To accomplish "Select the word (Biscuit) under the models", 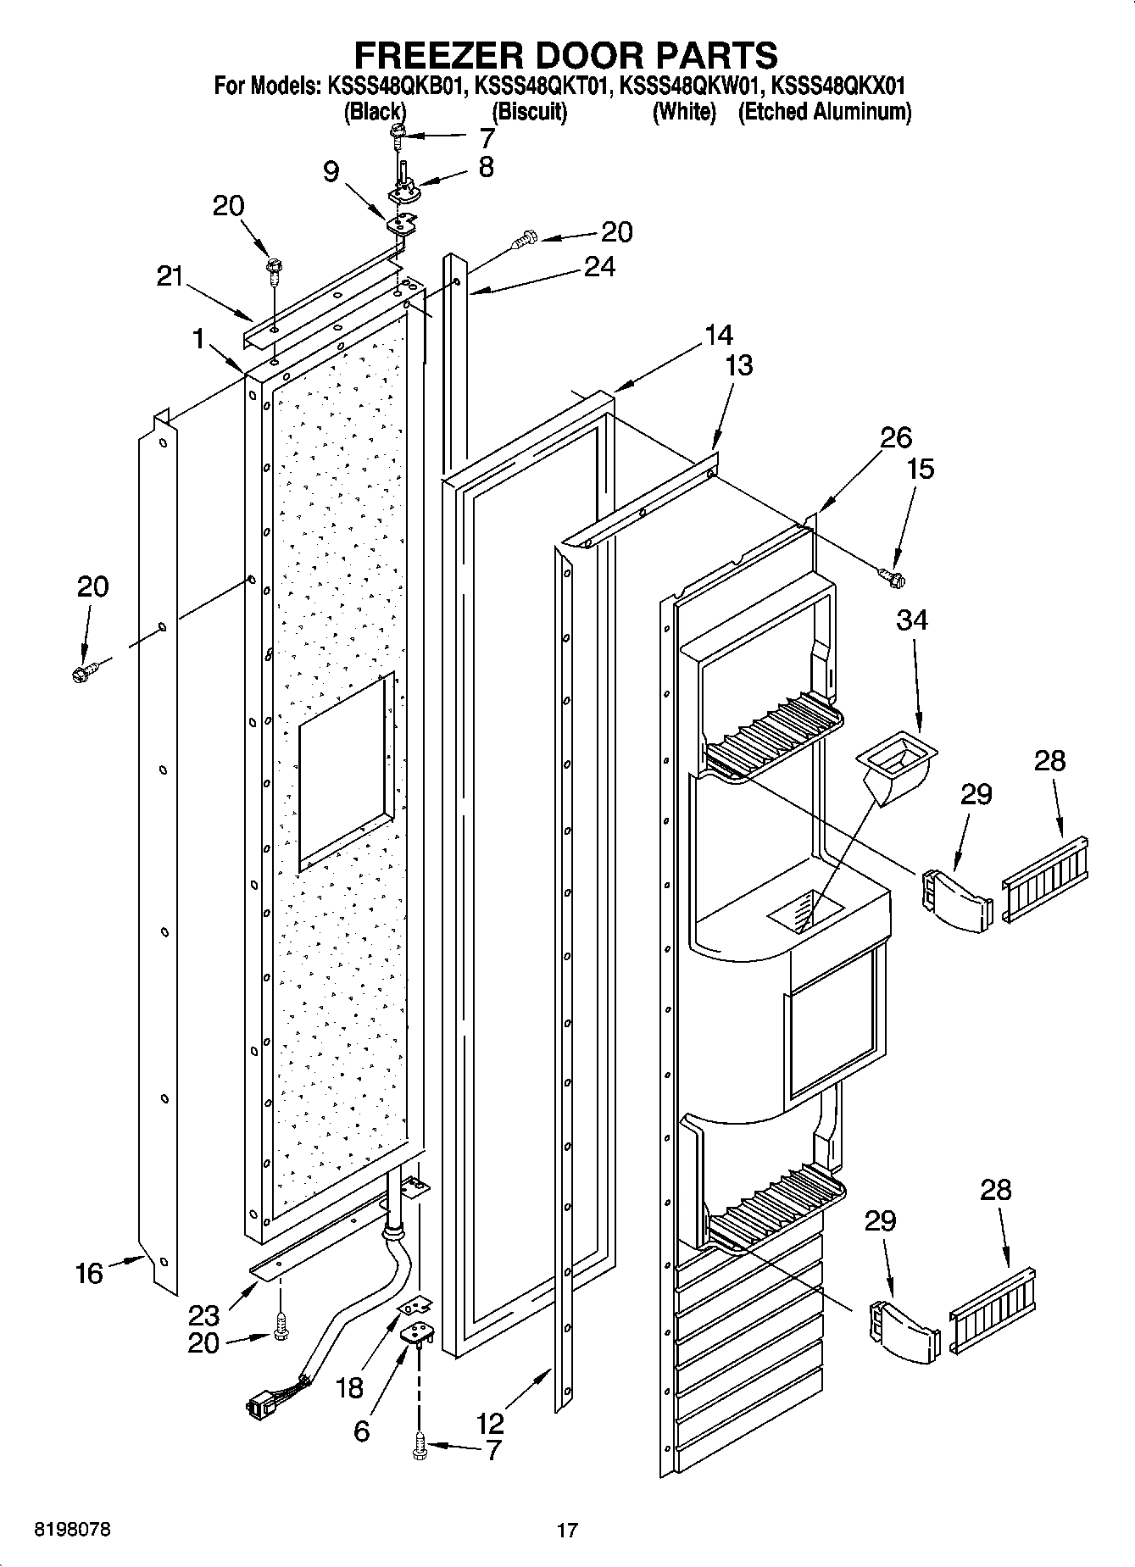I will click(529, 112).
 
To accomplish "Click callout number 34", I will click(911, 621).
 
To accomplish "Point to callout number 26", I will click(896, 437).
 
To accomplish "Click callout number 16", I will click(89, 1272).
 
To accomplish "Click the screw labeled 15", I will click(893, 578).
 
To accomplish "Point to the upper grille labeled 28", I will click(1046, 878).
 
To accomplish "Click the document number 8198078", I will click(72, 1530).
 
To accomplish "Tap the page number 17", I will click(567, 1530).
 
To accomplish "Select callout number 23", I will click(203, 1314).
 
